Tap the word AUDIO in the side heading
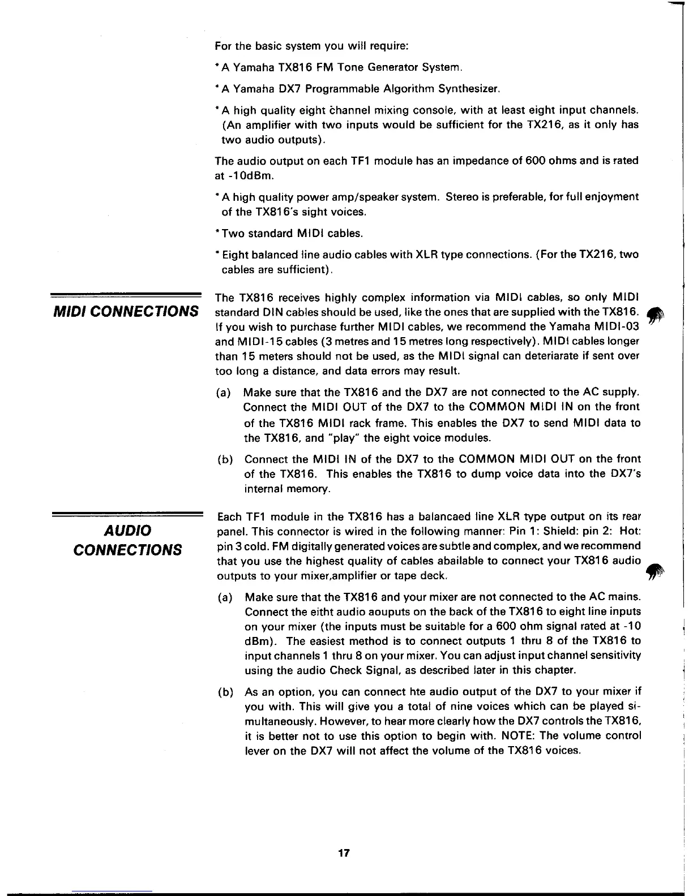[127, 531]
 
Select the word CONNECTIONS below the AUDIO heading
[128, 550]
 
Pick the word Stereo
[463, 197]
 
